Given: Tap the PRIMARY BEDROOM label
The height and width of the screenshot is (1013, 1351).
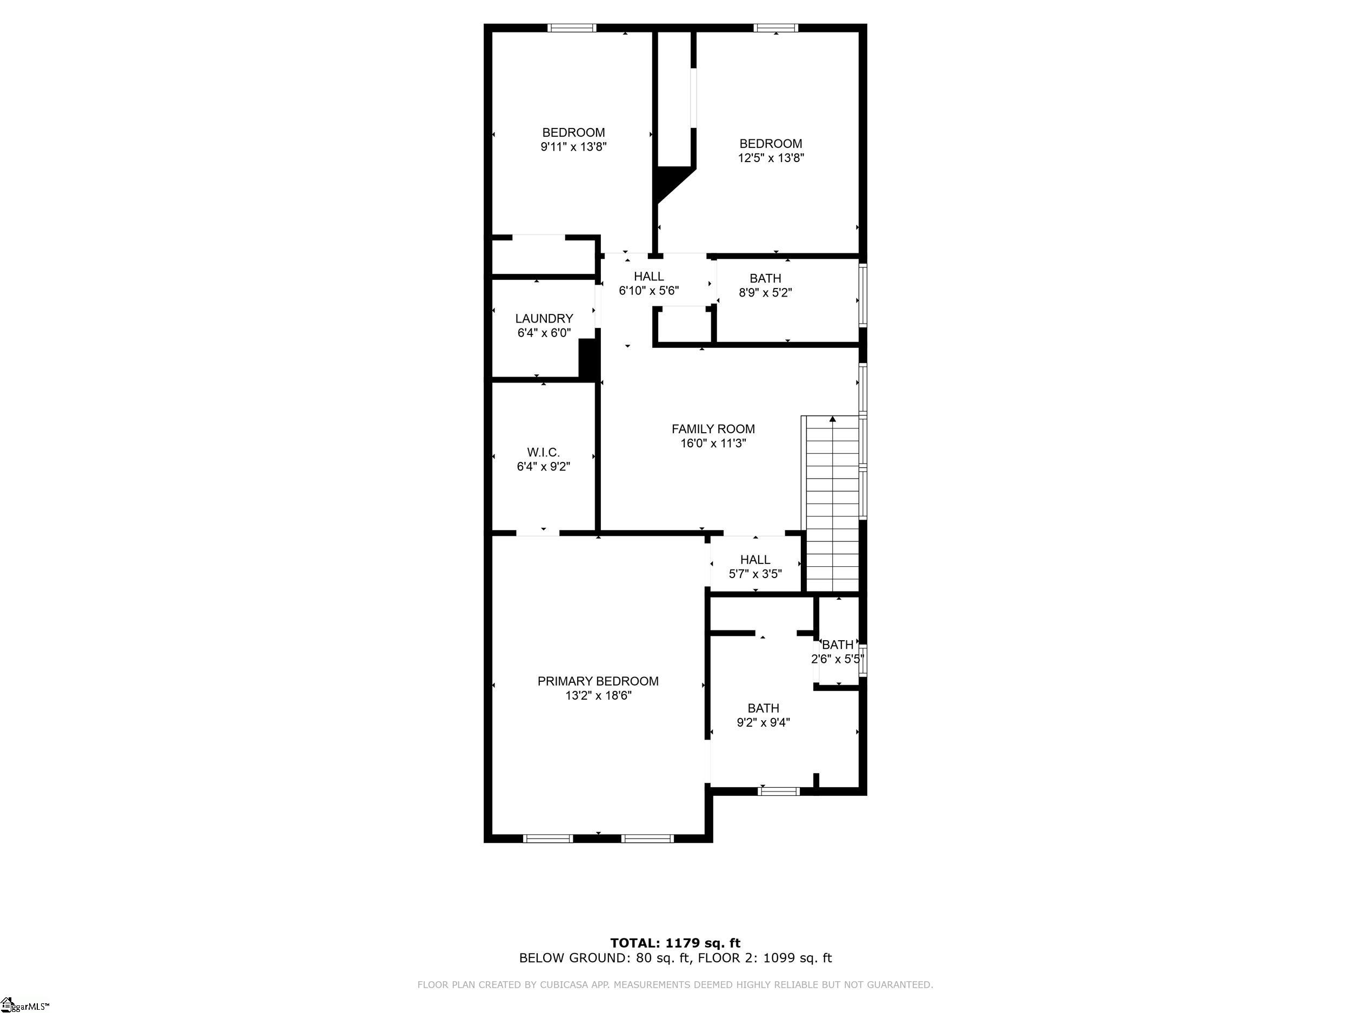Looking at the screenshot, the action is pyautogui.click(x=598, y=681).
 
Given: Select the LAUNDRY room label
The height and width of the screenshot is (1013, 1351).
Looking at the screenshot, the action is pyautogui.click(x=544, y=319).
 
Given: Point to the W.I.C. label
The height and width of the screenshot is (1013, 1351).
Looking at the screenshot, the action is pyautogui.click(x=543, y=452).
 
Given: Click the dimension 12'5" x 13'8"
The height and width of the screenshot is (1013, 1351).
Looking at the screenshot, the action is pyautogui.click(x=771, y=158).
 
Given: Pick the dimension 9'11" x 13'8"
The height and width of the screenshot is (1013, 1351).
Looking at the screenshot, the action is pyautogui.click(x=573, y=146).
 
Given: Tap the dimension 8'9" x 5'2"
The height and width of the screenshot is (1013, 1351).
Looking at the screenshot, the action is pyautogui.click(x=765, y=292).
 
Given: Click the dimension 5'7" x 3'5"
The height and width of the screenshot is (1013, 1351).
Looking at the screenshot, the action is pyautogui.click(x=755, y=574).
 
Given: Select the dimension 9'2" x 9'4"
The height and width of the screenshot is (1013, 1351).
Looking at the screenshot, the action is pyautogui.click(x=764, y=722).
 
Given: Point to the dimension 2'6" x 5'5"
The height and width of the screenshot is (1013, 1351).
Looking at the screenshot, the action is pyautogui.click(x=838, y=659).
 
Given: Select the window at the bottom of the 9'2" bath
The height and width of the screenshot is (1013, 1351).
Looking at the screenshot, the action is pyautogui.click(x=779, y=791).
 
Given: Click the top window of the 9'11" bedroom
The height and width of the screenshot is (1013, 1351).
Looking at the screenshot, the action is pyautogui.click(x=571, y=28).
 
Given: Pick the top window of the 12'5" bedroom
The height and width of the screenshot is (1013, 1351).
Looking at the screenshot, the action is pyautogui.click(x=775, y=28).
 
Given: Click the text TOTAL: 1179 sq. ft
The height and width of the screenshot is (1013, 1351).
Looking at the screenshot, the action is pyautogui.click(x=675, y=943).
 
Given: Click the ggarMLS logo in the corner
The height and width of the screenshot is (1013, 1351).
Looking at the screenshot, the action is pyautogui.click(x=25, y=1004).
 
